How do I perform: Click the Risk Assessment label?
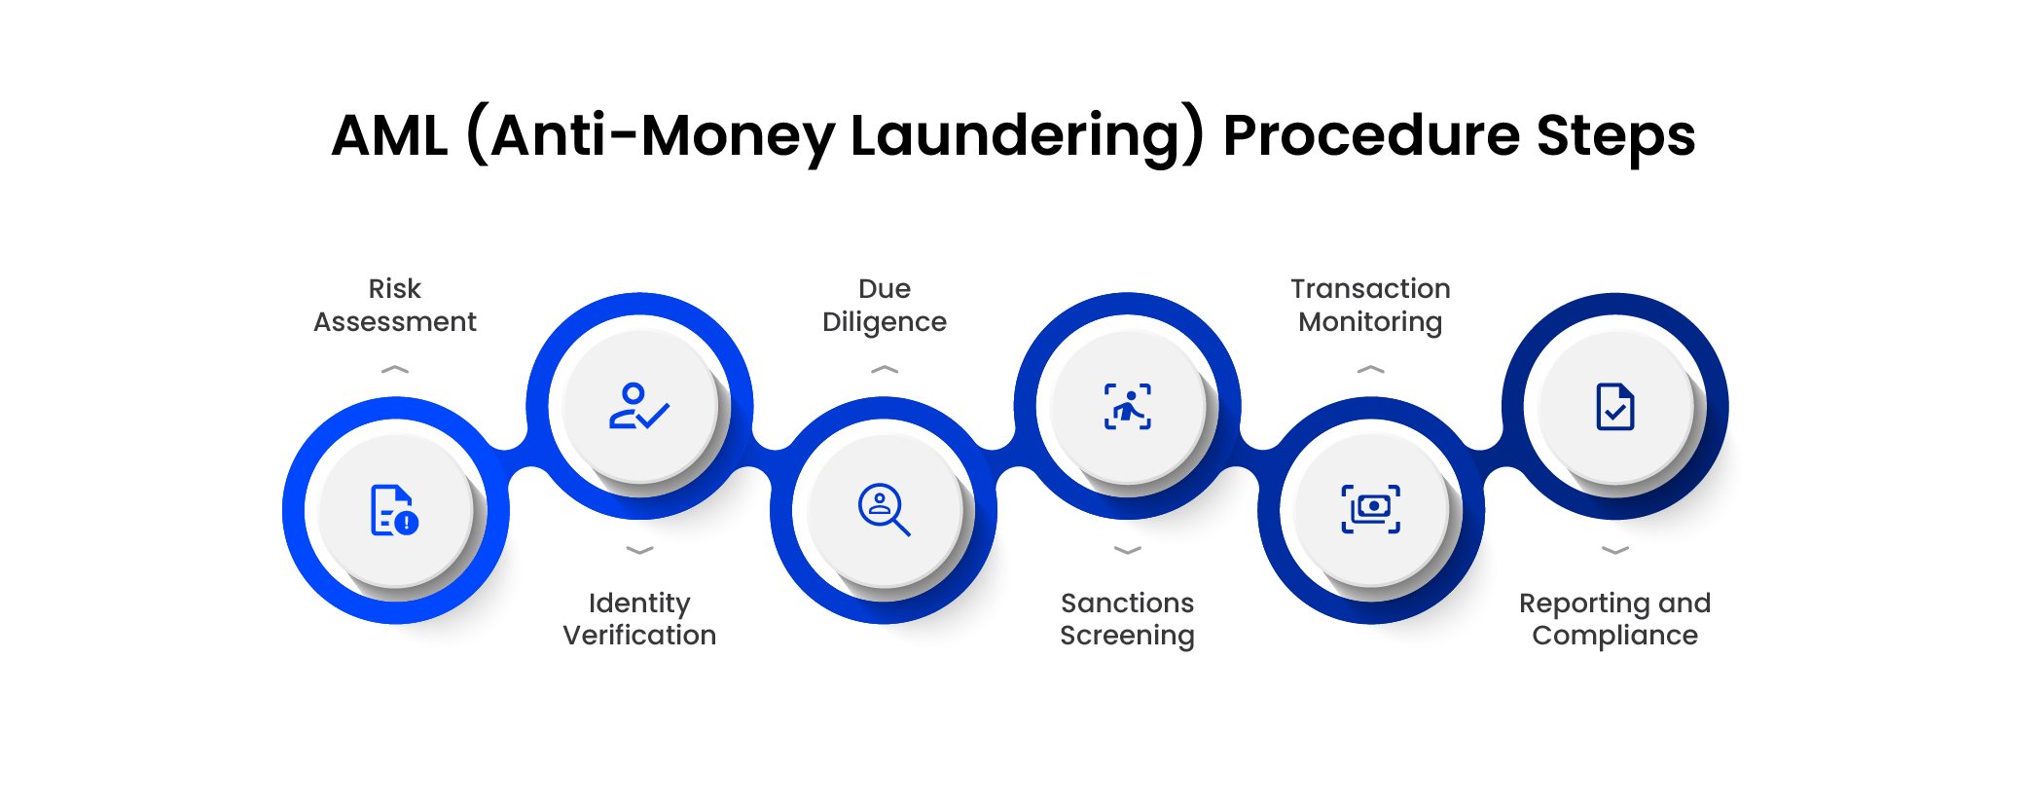(x=395, y=305)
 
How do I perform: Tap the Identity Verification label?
(x=639, y=619)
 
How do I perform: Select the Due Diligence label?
(x=885, y=305)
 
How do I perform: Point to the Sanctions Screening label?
(x=1127, y=619)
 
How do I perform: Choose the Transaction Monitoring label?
(x=1370, y=305)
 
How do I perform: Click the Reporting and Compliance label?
(x=1614, y=619)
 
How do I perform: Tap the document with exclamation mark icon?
(x=395, y=510)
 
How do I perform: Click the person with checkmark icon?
(x=639, y=406)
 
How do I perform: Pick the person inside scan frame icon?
(x=1128, y=407)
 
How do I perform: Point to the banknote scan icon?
(x=1371, y=509)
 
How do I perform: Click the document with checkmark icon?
(x=1615, y=407)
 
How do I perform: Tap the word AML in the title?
(x=389, y=135)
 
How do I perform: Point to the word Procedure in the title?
(x=1371, y=135)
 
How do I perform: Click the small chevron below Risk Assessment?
(x=395, y=370)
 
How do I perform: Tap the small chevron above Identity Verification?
(x=639, y=550)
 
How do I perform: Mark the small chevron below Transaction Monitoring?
(x=1370, y=370)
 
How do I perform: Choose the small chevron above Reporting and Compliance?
(x=1615, y=550)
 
